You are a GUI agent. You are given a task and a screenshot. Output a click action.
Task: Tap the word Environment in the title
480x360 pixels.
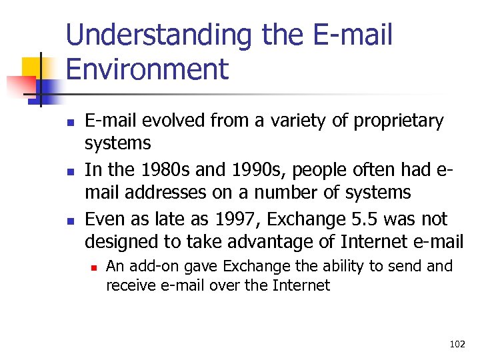point(147,69)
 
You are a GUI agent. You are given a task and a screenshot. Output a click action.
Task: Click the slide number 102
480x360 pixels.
point(457,344)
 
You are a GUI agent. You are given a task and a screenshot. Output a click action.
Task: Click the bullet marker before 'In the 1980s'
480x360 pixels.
point(69,171)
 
